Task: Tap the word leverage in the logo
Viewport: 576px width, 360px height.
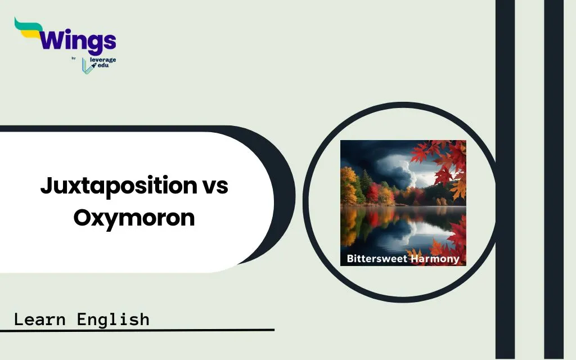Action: pyautogui.click(x=103, y=60)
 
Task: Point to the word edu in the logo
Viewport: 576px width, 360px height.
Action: pyautogui.click(x=103, y=65)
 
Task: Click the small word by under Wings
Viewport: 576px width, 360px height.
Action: pyautogui.click(x=74, y=58)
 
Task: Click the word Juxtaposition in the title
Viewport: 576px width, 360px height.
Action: pyautogui.click(x=119, y=186)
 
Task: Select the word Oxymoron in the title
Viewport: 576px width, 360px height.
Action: pyautogui.click(x=134, y=218)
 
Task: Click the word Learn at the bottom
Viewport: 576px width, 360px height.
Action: pyautogui.click(x=40, y=319)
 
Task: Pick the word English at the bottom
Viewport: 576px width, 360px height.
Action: pyautogui.click(x=113, y=319)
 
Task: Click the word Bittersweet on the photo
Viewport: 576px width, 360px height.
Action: pyautogui.click(x=377, y=259)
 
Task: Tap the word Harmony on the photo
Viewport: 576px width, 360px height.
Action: pyautogui.click(x=435, y=259)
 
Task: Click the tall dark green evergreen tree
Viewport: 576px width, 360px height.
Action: pyautogui.click(x=366, y=184)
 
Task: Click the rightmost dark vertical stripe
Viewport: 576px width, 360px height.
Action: pyautogui.click(x=553, y=180)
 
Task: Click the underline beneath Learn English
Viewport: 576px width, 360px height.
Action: pyautogui.click(x=137, y=330)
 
